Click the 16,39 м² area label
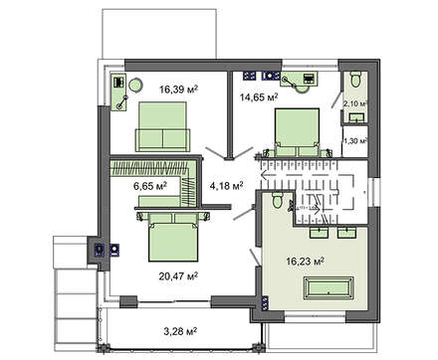[x=178, y=90]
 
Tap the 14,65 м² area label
[x=259, y=97]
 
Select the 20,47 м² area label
[x=178, y=275]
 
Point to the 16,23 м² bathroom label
[x=305, y=262]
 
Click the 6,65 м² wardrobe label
[x=150, y=186]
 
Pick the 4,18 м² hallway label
[x=227, y=186]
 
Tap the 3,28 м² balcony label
[x=180, y=331]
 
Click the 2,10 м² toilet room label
[x=355, y=103]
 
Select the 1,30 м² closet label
[x=355, y=141]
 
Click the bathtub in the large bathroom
[x=328, y=288]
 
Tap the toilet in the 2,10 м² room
[x=355, y=79]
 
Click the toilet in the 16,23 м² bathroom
[x=277, y=201]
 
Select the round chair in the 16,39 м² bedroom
[x=135, y=85]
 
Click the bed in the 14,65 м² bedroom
[x=298, y=132]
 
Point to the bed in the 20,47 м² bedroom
[x=173, y=238]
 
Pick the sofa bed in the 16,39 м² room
[x=162, y=126]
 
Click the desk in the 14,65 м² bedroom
[x=299, y=80]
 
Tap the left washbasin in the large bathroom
[x=320, y=233]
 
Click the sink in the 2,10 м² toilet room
[x=356, y=117]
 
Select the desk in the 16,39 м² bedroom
[x=118, y=92]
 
